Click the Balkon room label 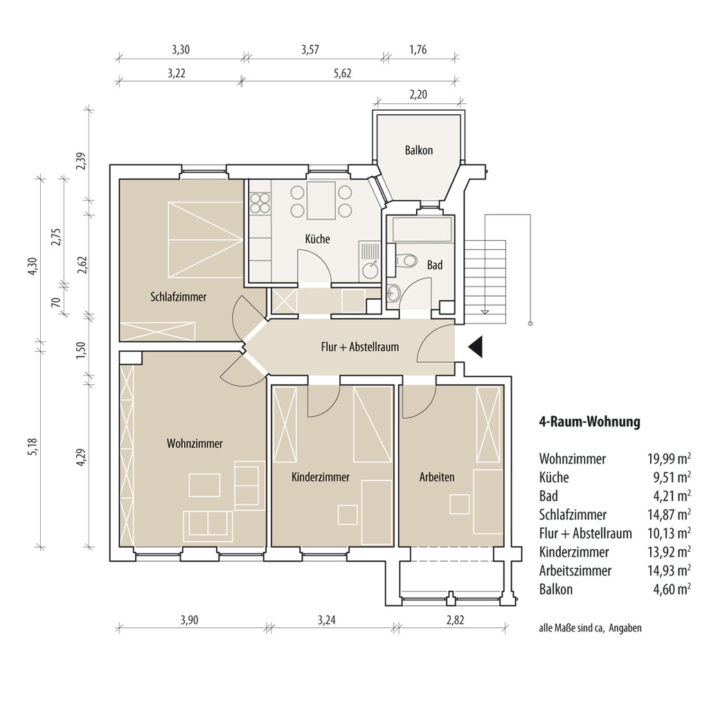coord(419,150)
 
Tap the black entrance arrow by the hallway coord(475,348)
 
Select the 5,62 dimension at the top coord(343,73)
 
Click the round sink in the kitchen coord(370,270)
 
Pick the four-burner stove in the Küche coord(260,203)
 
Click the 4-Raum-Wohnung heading coord(590,422)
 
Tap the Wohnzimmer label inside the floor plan coord(195,444)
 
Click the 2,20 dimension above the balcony coord(418,94)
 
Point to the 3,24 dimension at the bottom coord(327,620)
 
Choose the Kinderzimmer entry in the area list coord(574,552)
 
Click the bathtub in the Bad coord(422,230)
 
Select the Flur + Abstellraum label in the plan coord(360,348)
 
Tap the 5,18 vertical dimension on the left coord(31,447)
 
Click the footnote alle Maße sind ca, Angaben coord(590,628)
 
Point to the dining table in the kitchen coord(321,200)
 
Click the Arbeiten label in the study coord(437,477)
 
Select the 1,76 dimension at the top coord(418,49)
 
